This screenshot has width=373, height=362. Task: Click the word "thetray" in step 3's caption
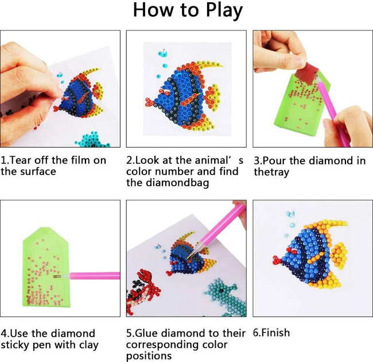coord(273,172)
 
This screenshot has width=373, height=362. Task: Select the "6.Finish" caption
coord(271,333)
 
